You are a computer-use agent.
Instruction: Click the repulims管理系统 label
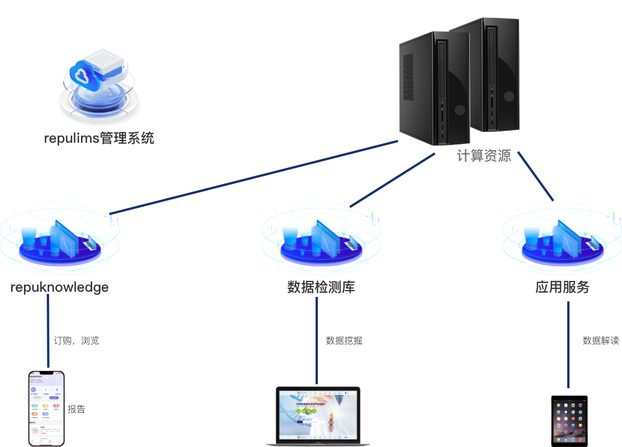coord(99,138)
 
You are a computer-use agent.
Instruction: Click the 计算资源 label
coord(484,156)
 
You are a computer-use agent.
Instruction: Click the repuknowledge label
coord(59,287)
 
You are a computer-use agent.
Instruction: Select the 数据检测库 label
coord(321,287)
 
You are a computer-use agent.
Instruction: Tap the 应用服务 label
coord(562,287)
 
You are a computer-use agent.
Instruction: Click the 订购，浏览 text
coord(76,341)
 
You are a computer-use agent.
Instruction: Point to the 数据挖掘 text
coord(344,341)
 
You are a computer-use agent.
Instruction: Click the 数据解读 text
coord(600,341)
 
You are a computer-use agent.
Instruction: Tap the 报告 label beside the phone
coord(76,409)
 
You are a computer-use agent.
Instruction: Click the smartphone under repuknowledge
coord(47,408)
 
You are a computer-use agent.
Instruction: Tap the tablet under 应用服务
coord(569,420)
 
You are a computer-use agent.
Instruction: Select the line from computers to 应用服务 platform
coord(535,177)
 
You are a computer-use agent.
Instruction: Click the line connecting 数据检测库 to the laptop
coord(317,340)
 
